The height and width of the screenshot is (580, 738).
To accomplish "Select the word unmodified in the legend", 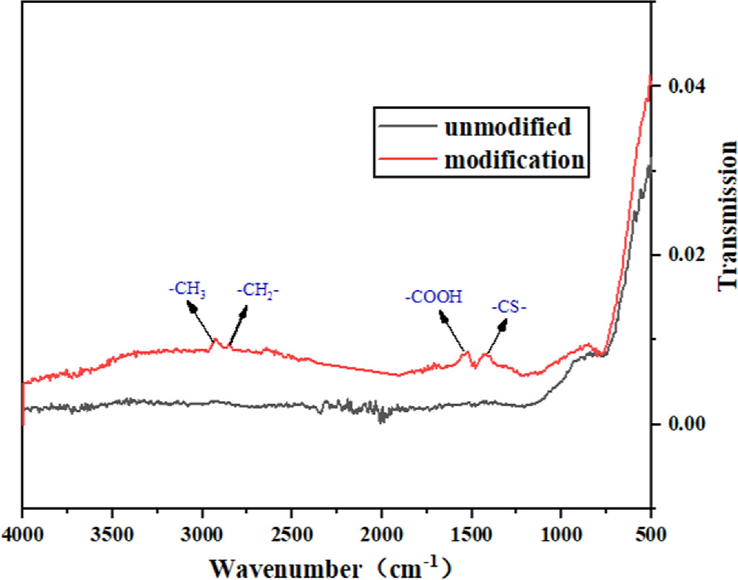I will pos(507,127).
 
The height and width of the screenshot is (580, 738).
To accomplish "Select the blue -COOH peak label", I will pos(433,297).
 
